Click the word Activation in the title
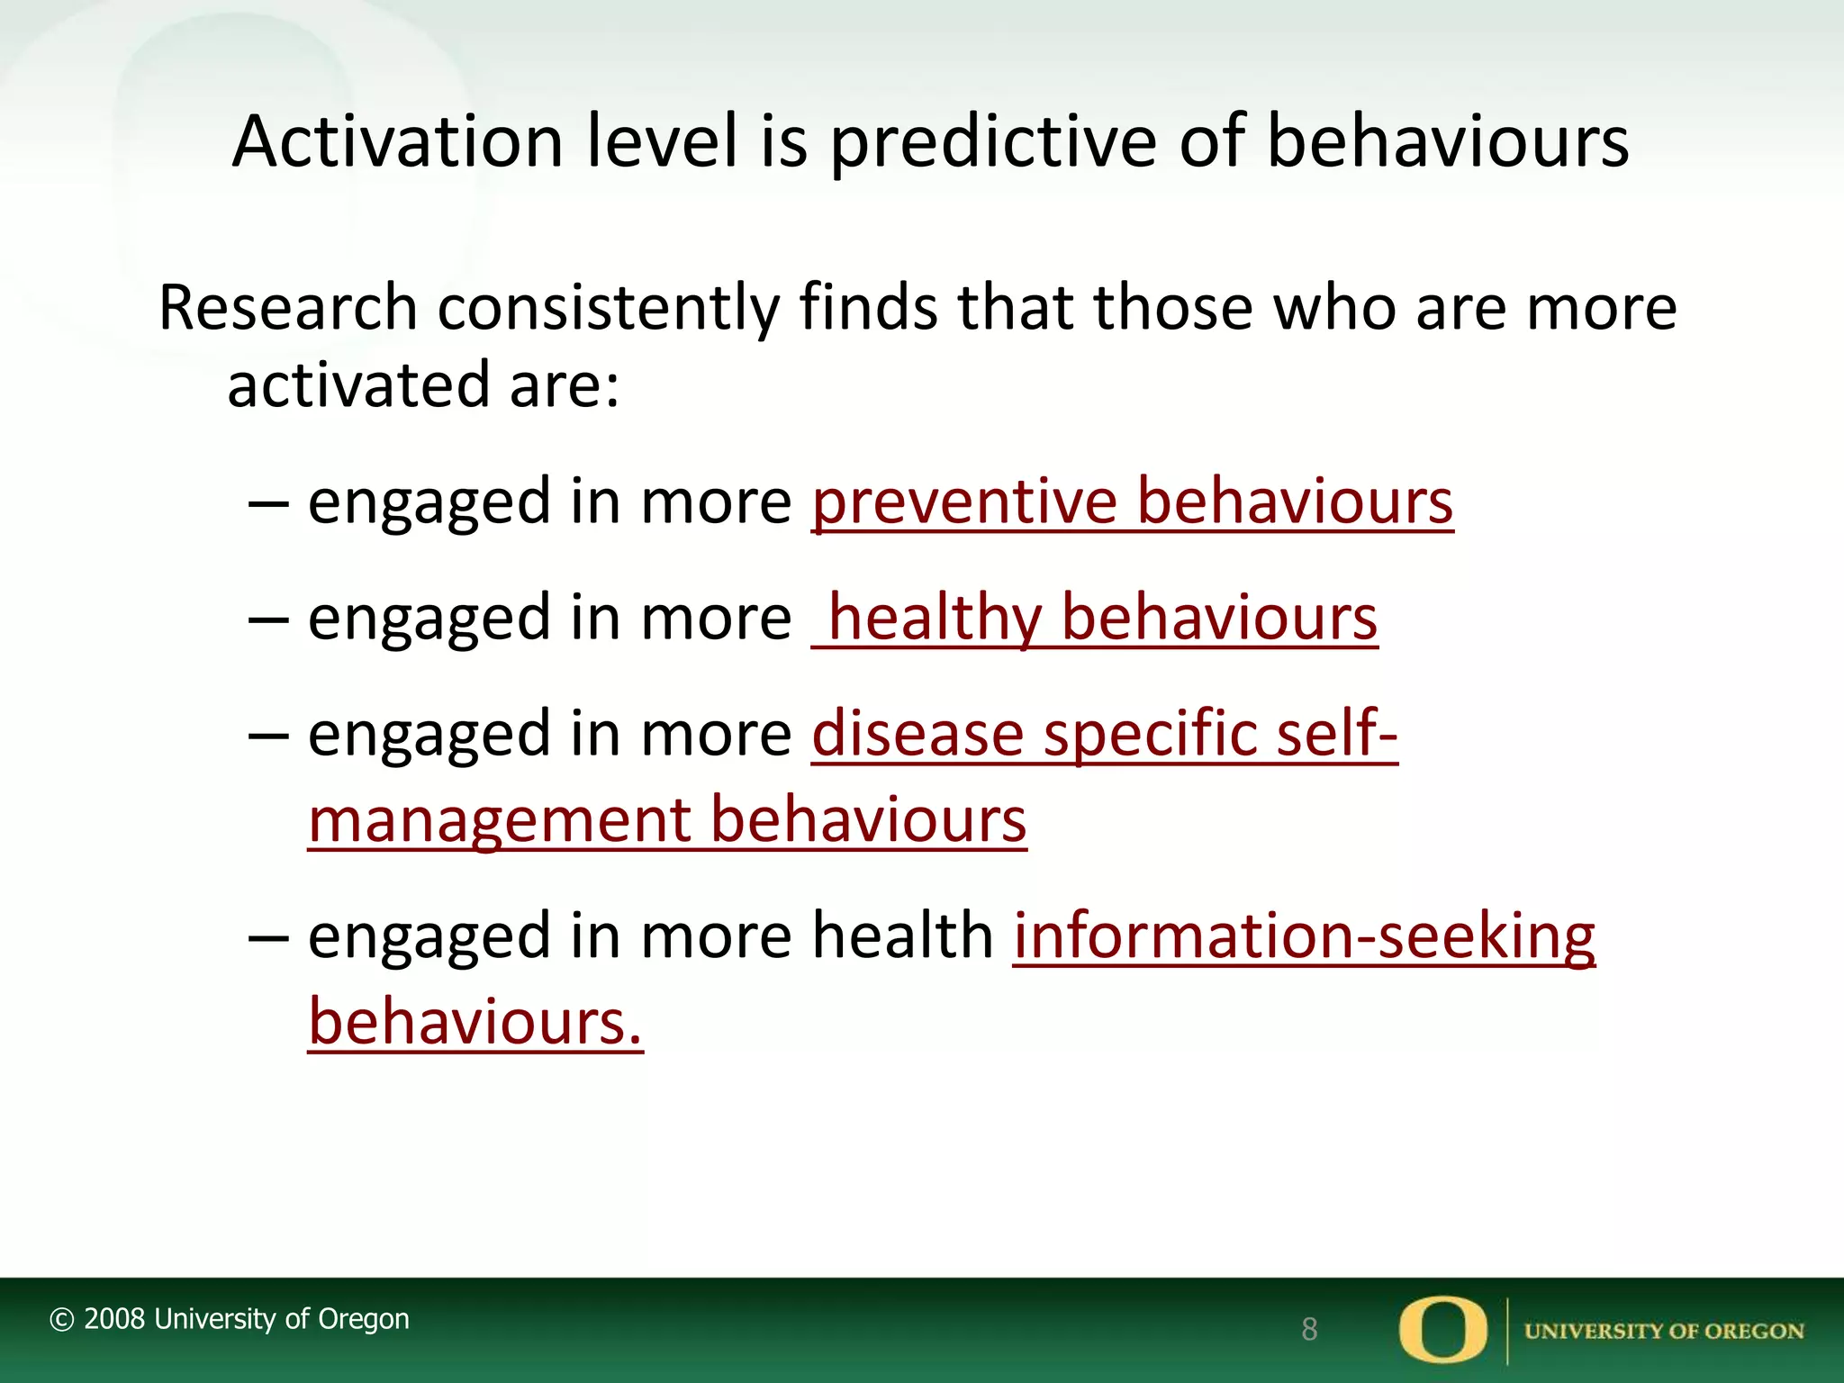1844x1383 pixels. click(x=397, y=142)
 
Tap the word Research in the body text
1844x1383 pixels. click(x=287, y=308)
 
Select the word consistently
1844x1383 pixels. click(x=608, y=308)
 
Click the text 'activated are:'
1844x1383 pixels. click(x=423, y=385)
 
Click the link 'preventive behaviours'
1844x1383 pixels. click(x=1132, y=502)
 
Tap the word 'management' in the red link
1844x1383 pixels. click(x=498, y=820)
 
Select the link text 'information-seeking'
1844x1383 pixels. click(x=1304, y=936)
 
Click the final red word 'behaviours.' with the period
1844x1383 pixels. click(x=475, y=1023)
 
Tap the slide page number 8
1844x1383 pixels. click(x=1309, y=1329)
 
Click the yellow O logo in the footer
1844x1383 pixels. click(x=1442, y=1329)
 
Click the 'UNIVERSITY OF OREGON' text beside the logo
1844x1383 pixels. click(x=1663, y=1331)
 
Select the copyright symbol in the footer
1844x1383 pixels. click(x=61, y=1320)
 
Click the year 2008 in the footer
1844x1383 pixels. click(x=114, y=1319)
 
